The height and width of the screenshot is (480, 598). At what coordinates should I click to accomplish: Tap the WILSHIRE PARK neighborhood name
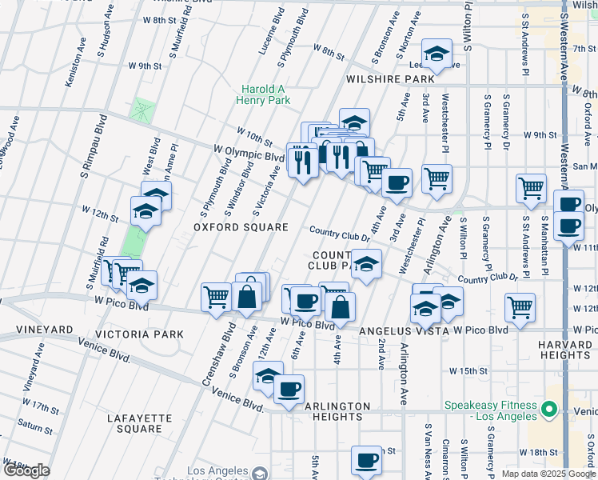[390, 80]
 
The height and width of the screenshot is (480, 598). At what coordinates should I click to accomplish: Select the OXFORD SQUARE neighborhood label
[241, 228]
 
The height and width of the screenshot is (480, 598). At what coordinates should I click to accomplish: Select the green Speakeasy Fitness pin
[548, 410]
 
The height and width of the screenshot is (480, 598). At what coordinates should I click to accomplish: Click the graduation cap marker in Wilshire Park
[436, 54]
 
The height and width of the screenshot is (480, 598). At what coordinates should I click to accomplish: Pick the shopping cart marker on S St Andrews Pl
[531, 189]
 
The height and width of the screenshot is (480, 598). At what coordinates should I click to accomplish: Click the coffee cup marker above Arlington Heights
[289, 390]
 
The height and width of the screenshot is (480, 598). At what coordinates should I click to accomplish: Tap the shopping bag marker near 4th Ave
[341, 307]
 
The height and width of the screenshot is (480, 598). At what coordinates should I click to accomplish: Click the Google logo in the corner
[26, 470]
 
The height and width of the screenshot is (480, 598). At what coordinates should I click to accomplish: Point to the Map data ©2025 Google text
[548, 474]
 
